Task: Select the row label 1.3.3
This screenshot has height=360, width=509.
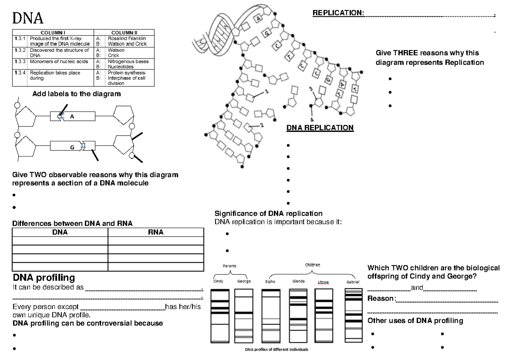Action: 18,61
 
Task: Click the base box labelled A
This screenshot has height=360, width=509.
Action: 72,117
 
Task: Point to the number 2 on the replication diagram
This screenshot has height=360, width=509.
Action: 262,125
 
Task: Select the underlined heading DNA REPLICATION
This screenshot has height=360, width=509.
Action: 320,128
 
